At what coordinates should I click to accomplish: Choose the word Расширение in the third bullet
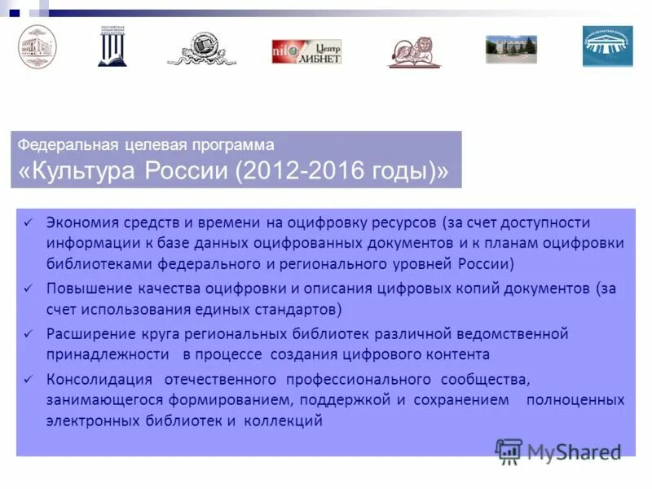(90, 333)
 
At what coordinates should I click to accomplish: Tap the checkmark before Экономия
(28, 222)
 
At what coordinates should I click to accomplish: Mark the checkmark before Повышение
(28, 289)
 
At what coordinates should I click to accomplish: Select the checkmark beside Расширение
(28, 333)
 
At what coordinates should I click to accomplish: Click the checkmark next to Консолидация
(28, 379)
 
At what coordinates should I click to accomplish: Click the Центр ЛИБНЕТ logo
(306, 51)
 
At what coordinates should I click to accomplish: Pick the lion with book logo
(413, 51)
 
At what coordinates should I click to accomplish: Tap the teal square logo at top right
(607, 46)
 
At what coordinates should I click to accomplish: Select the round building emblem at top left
(37, 46)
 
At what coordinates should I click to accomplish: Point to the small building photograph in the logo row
(511, 49)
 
